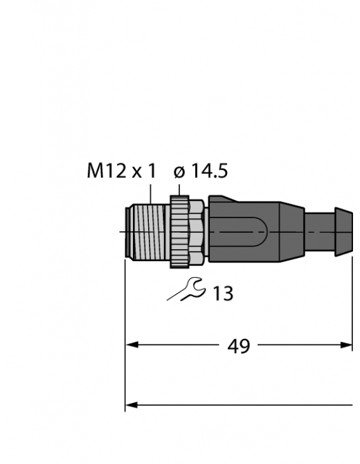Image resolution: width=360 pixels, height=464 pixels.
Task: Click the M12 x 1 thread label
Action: click(x=121, y=172)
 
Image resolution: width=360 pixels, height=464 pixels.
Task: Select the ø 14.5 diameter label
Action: click(x=200, y=172)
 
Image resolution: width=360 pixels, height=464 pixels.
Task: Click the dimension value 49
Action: click(x=239, y=346)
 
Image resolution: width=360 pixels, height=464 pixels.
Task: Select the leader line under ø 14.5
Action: click(x=180, y=189)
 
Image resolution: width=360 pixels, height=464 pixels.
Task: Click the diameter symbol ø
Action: click(x=179, y=172)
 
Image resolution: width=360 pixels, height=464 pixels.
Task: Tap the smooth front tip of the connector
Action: click(x=129, y=233)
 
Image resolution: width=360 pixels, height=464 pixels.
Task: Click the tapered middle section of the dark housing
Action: click(x=291, y=233)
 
